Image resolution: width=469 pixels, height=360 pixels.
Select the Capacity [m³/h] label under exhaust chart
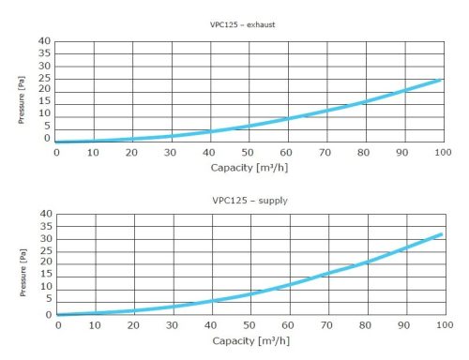(250, 168)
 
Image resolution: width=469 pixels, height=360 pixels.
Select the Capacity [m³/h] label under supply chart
(250, 340)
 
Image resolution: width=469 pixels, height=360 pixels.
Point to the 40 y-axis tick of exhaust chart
(44, 42)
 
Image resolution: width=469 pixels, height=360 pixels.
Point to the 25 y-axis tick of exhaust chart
(44, 78)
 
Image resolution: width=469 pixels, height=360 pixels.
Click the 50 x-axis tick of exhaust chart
(248, 152)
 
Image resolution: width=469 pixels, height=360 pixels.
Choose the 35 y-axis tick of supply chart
(45, 227)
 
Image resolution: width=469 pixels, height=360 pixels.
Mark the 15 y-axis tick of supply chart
(45, 275)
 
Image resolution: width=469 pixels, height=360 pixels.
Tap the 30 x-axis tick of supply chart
(172, 324)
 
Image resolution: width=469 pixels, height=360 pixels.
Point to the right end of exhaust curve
(440, 81)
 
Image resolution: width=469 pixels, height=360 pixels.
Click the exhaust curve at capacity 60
(287, 118)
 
